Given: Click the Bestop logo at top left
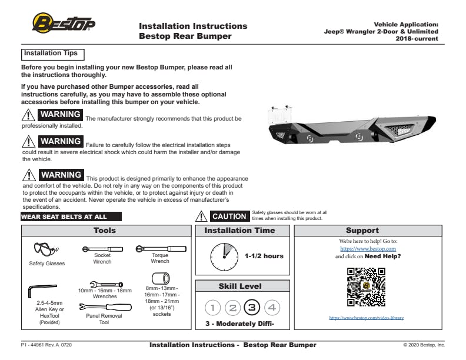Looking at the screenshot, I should [x=64, y=24].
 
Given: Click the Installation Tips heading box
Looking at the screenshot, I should [x=51, y=54].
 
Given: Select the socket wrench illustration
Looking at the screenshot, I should [x=102, y=249].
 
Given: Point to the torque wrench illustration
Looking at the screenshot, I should [x=159, y=249].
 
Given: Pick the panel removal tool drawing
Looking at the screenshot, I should [x=104, y=307].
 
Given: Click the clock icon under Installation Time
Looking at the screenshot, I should [x=224, y=256].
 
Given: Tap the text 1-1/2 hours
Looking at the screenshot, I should [x=264, y=256].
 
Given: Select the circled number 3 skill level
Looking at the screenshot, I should [x=252, y=307].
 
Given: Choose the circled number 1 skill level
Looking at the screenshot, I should [x=214, y=307].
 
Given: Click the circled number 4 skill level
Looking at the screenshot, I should [x=271, y=307].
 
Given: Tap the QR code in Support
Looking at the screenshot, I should [x=365, y=286].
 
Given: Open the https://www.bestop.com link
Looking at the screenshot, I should [x=368, y=249].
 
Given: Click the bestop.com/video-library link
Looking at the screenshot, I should [x=366, y=318].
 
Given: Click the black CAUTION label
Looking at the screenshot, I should [x=229, y=216].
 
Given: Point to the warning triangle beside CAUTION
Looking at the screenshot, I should [x=201, y=216].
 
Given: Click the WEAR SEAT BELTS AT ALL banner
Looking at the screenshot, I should [x=64, y=216].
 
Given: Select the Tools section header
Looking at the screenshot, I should [x=105, y=231].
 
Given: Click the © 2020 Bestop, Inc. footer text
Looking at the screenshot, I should [x=424, y=345].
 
